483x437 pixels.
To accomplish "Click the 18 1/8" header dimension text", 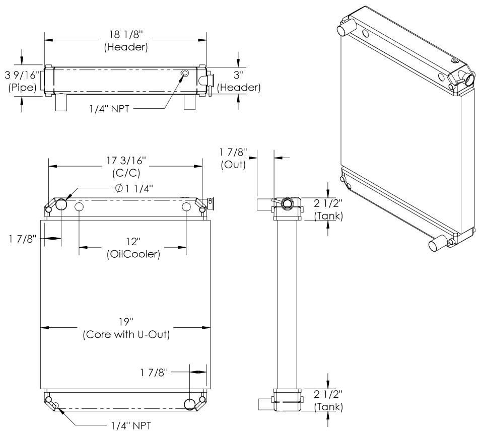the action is (x=126, y=34).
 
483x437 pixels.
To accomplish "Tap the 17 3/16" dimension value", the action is (x=126, y=161).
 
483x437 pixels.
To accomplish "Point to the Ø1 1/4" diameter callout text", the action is (x=134, y=188).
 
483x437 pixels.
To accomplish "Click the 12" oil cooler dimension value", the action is (x=133, y=242).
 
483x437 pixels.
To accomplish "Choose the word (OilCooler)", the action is (x=133, y=254).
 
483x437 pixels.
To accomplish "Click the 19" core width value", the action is (x=126, y=322).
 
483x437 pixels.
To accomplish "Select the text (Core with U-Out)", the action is (x=126, y=334).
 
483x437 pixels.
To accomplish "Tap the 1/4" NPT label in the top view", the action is (x=109, y=109).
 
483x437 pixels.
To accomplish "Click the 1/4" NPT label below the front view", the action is (x=131, y=426).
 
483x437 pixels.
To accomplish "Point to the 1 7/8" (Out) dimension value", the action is (x=233, y=152).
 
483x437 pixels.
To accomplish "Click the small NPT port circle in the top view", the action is (x=185, y=73).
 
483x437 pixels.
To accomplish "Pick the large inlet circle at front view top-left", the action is (x=61, y=204).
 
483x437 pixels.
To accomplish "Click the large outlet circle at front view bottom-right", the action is (x=190, y=404).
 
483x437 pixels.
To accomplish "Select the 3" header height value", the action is (x=238, y=75).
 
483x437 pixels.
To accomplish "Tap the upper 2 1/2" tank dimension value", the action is (x=328, y=203).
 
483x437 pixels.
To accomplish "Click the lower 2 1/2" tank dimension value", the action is (x=328, y=394).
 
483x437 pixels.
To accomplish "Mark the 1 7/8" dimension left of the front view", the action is (x=23, y=239).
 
